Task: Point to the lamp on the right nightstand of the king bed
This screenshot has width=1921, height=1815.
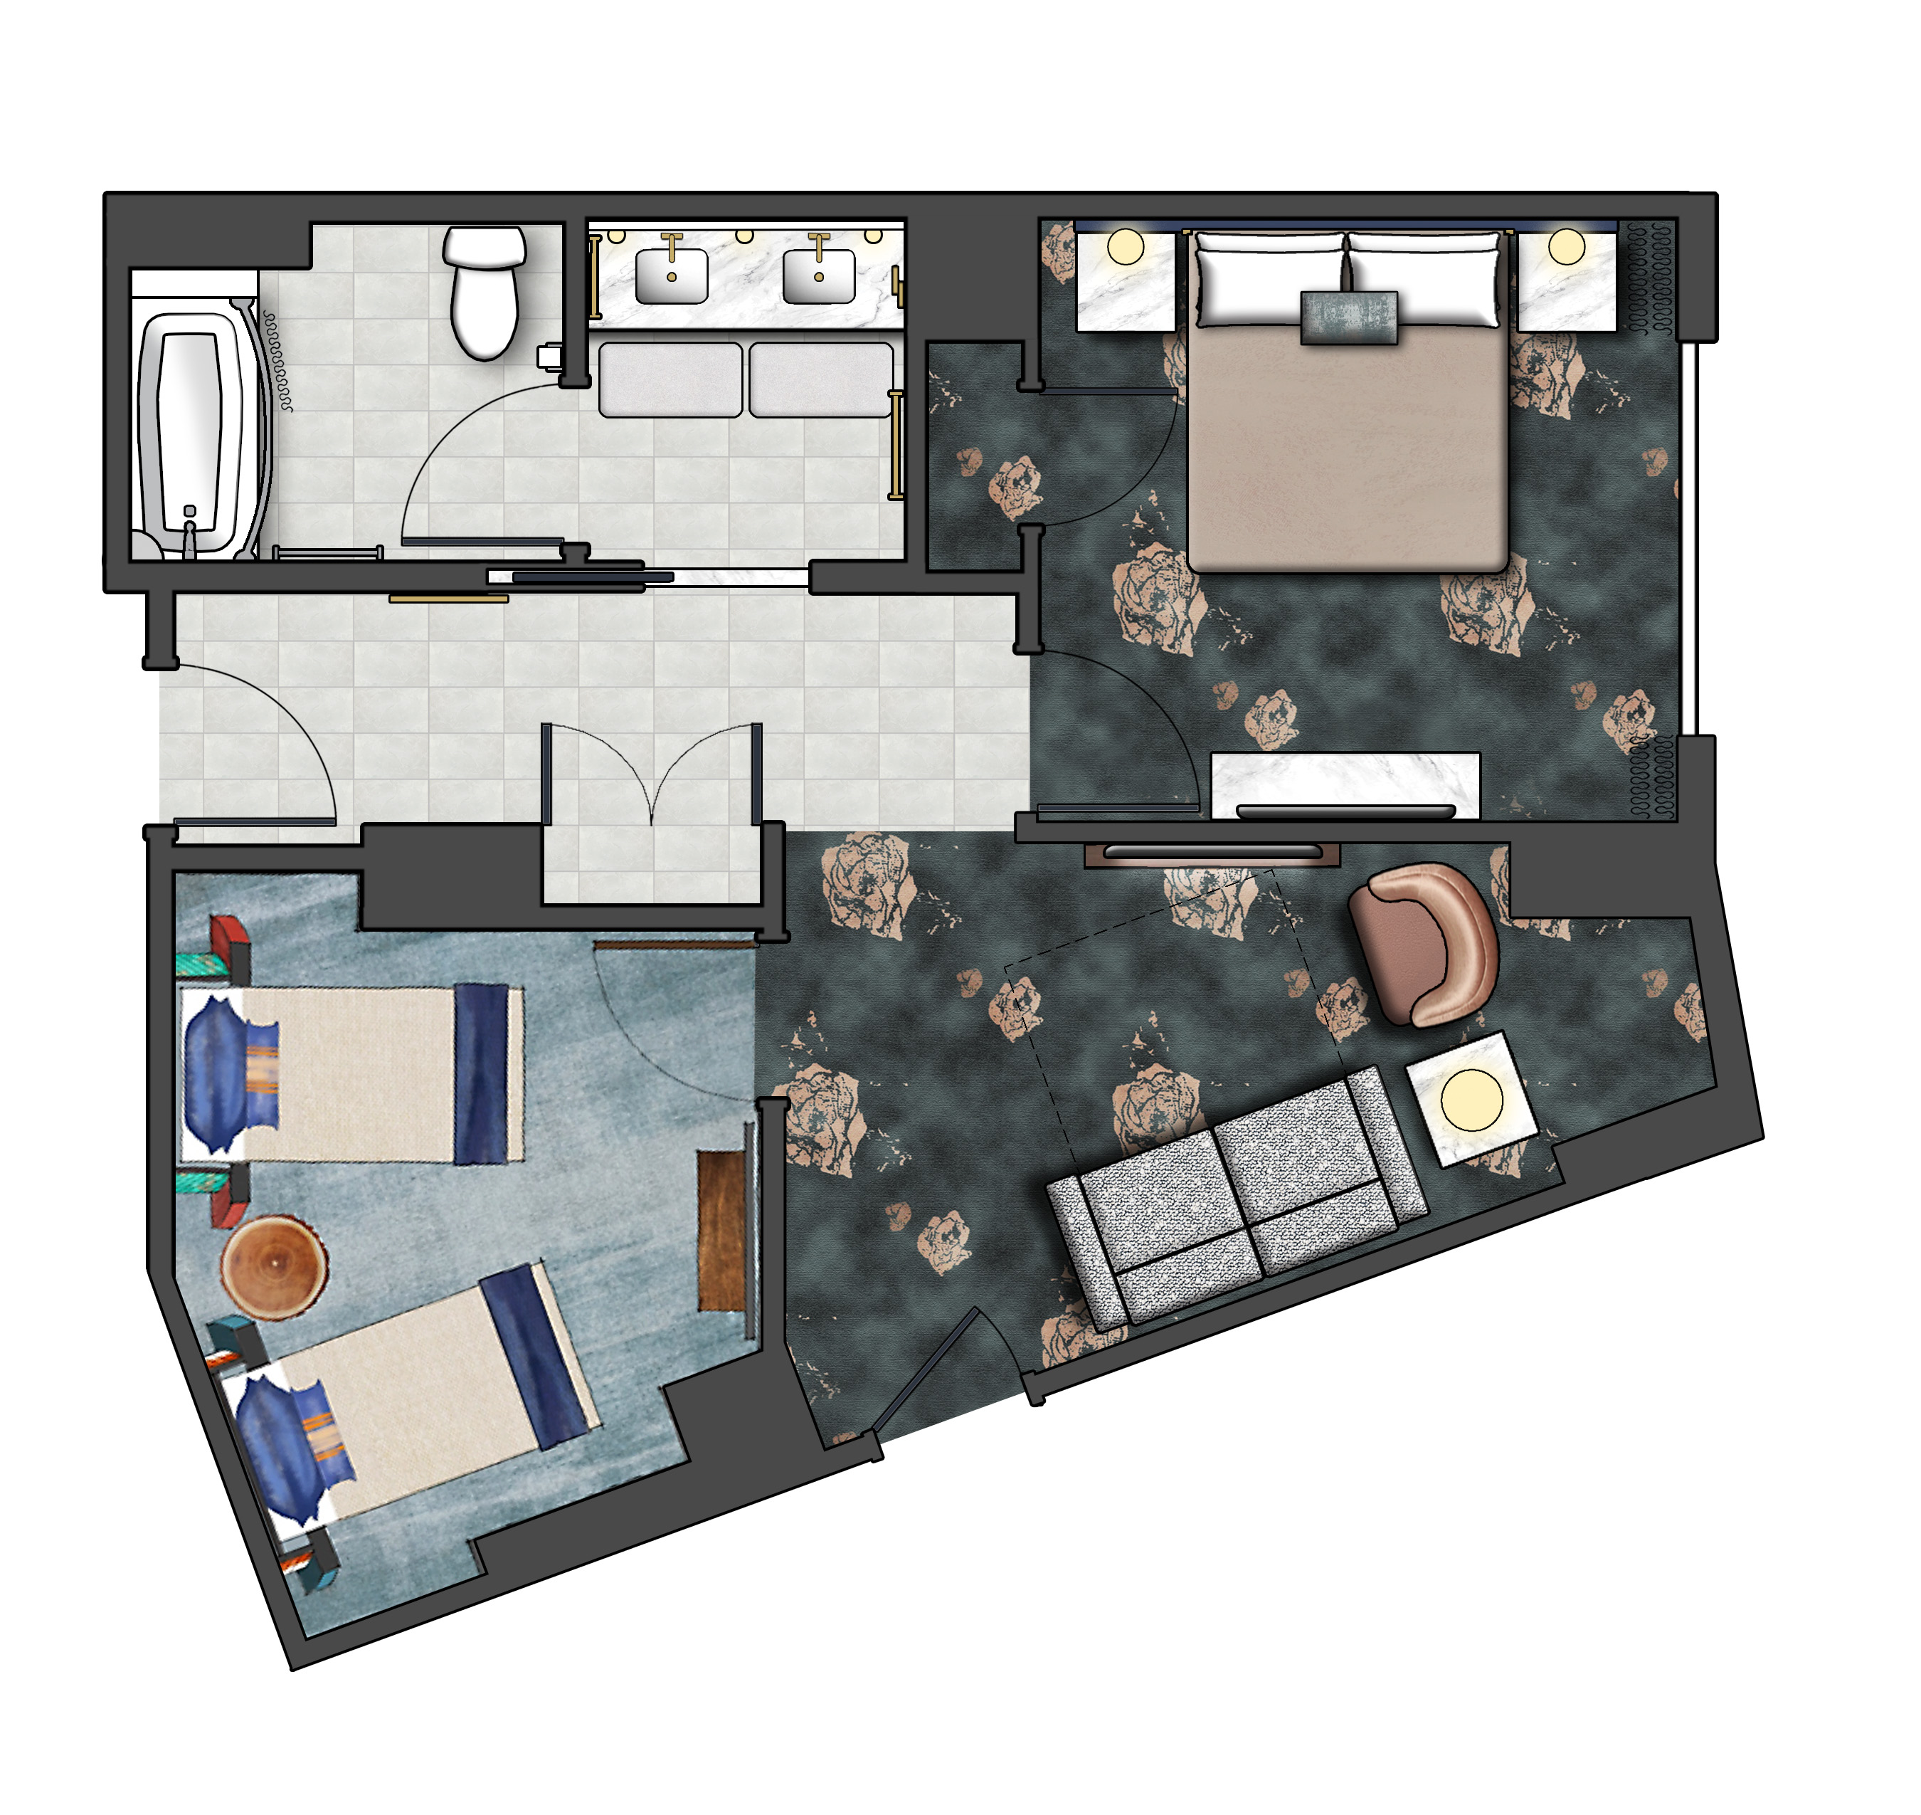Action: click(x=1566, y=247)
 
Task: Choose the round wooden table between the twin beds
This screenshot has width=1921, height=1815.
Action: click(x=274, y=1266)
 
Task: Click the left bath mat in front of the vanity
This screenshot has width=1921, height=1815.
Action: click(x=670, y=380)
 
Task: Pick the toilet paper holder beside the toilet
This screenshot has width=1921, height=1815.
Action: click(x=549, y=356)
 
